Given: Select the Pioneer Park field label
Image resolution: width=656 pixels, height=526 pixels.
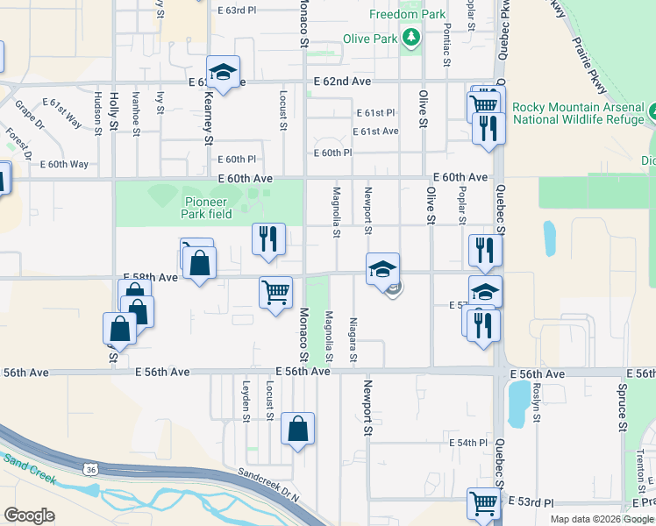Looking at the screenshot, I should (x=207, y=208).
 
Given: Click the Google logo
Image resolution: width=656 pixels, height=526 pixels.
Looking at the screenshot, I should (x=29, y=515).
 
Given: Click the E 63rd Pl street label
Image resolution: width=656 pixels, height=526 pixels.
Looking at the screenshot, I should (x=237, y=11).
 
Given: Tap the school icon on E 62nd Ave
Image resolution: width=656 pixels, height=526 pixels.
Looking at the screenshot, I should (x=224, y=72).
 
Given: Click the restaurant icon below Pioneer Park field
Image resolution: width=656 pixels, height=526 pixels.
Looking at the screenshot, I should (x=268, y=239).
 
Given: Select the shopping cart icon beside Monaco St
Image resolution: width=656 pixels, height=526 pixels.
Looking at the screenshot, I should (x=275, y=292).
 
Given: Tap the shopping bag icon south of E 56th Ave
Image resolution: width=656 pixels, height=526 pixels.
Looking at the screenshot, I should (x=298, y=430).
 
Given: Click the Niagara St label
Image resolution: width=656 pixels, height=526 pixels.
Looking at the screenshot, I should (x=353, y=339).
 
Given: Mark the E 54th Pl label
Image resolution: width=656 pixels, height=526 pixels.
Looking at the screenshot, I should (x=467, y=444).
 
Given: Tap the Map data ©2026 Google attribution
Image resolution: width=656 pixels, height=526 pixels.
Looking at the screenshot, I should (x=601, y=519).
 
